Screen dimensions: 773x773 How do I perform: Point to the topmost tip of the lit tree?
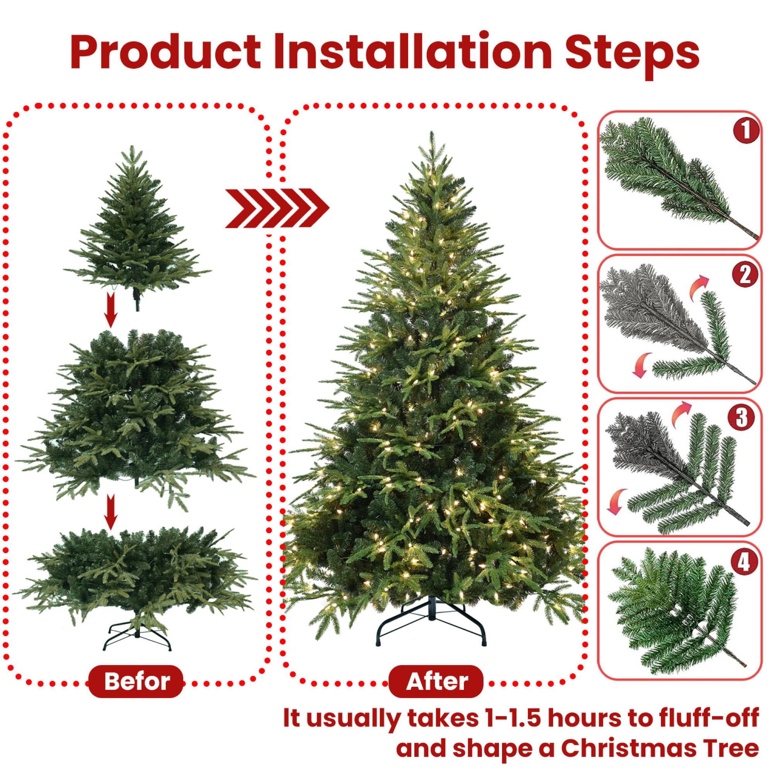(x=431, y=133)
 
